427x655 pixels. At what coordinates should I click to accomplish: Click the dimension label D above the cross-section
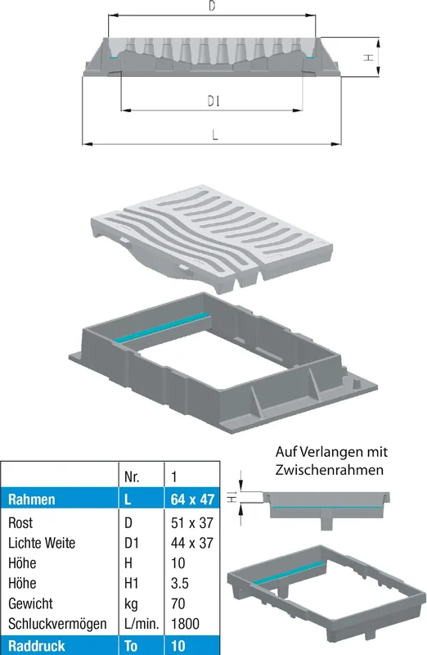[212, 6]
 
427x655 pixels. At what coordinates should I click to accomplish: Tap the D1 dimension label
[213, 101]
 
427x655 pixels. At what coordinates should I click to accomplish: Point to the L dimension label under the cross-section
[215, 134]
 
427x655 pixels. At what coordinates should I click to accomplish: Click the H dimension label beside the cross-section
[368, 57]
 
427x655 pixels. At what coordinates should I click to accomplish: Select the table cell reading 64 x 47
[192, 499]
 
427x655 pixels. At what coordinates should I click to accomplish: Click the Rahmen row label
[32, 499]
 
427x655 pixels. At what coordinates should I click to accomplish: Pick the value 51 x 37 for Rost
[192, 522]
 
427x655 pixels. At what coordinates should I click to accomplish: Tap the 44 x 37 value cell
[192, 543]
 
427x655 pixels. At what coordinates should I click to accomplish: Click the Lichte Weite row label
[42, 543]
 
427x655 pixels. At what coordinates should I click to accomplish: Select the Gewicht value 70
[178, 603]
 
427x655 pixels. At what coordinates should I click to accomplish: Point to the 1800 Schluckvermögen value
[186, 623]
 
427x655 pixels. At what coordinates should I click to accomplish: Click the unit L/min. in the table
[142, 624]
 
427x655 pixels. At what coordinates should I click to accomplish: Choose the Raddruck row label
[36, 646]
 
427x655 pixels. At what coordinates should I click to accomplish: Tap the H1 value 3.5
[180, 583]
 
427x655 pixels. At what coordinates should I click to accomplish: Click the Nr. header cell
[132, 477]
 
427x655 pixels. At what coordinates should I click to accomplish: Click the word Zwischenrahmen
[330, 469]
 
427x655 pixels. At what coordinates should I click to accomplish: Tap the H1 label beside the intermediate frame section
[232, 497]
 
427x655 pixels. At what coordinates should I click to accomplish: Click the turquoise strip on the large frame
[161, 327]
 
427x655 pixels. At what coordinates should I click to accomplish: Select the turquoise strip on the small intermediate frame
[289, 572]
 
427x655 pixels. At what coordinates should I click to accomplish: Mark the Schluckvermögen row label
[57, 624]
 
